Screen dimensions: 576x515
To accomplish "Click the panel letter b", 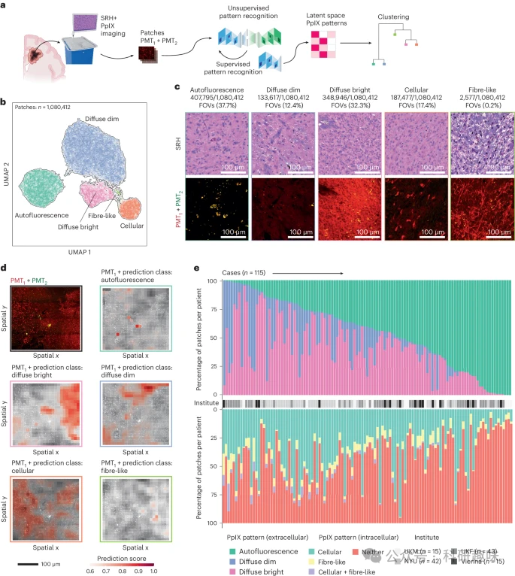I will pyautogui.click(x=5, y=102).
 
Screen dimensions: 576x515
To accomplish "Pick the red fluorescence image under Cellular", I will pyautogui.click(x=415, y=211).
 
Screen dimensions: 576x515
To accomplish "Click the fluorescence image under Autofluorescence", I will pyautogui.click(x=215, y=211).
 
